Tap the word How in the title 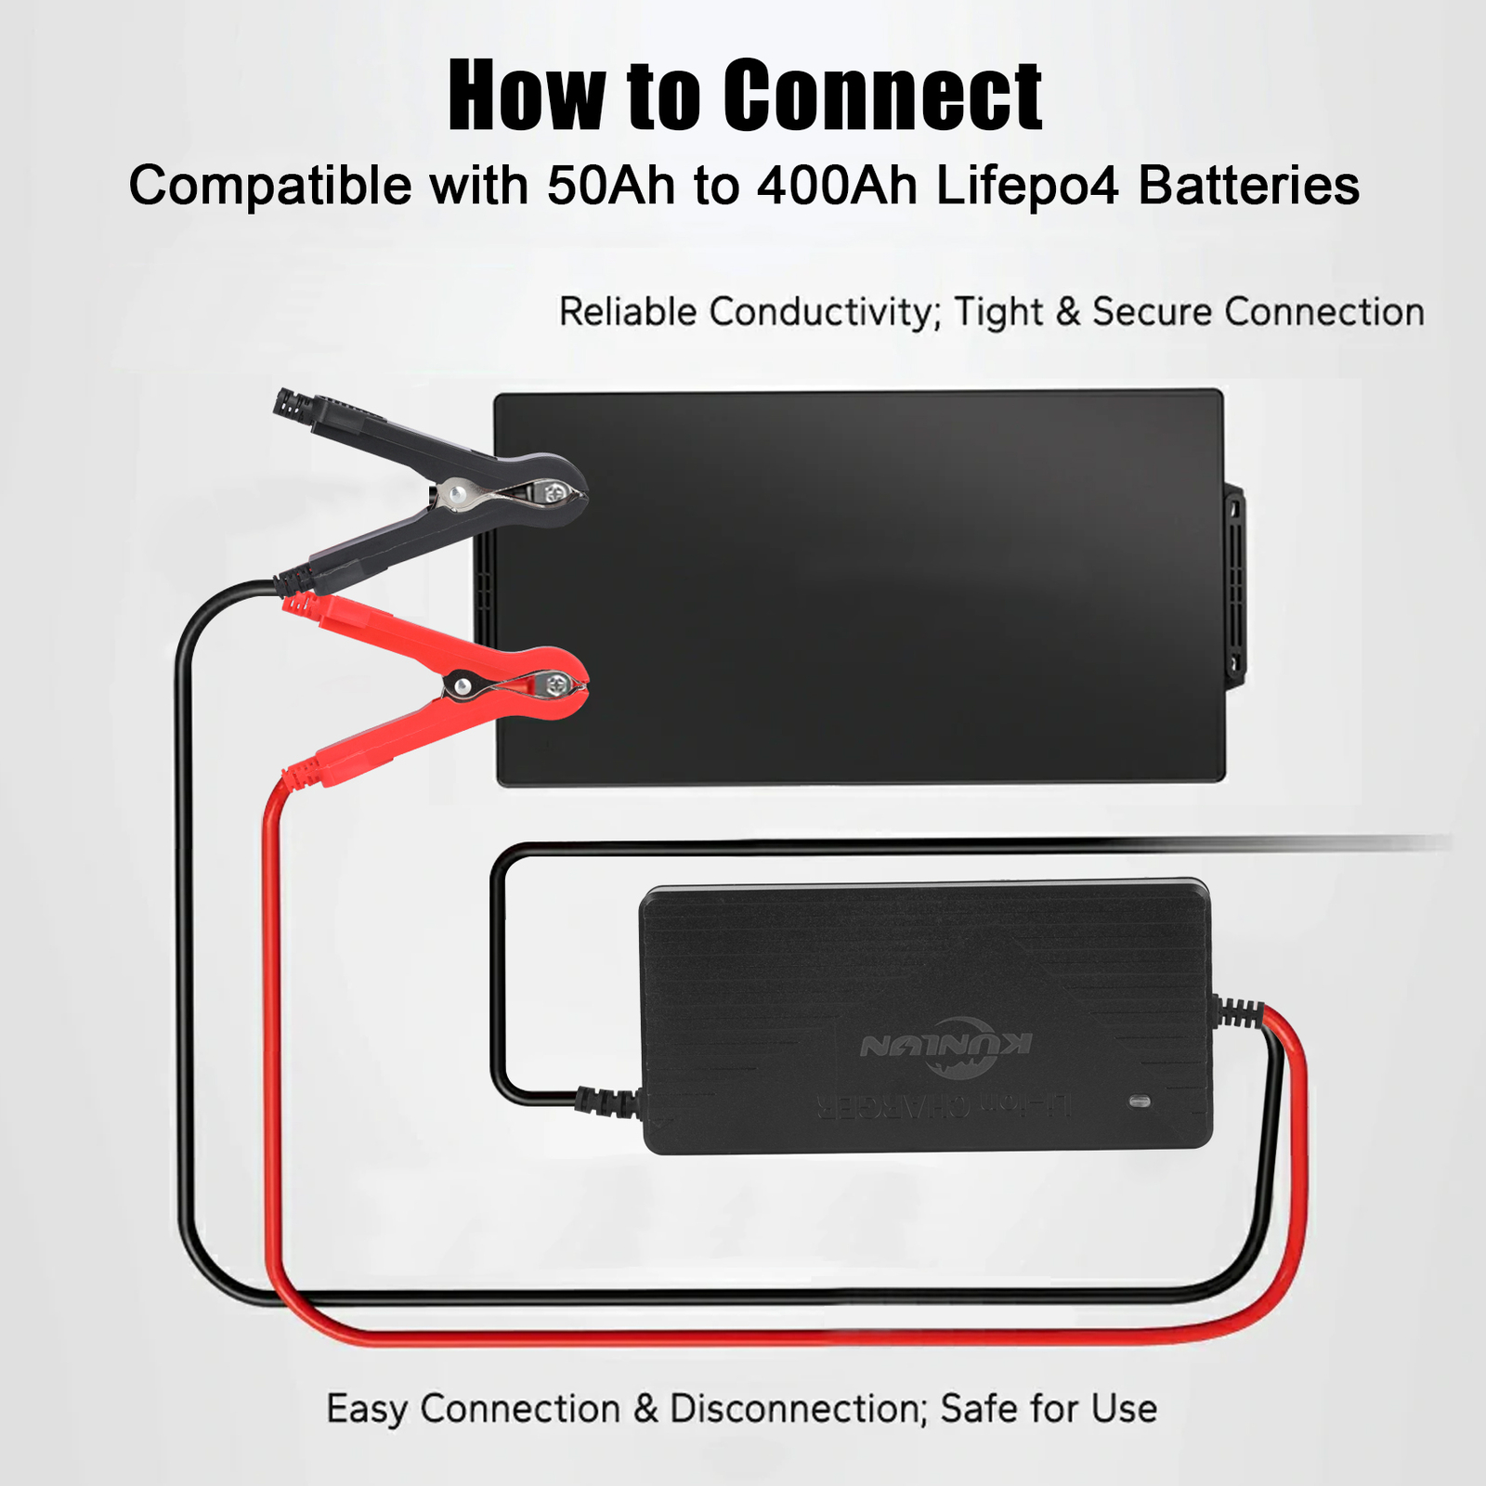526,96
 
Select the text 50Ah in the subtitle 611,186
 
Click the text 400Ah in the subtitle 837,186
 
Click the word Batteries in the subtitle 1248,186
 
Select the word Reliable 627,312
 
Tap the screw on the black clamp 555,492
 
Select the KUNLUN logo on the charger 945,1047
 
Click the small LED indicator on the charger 1140,1101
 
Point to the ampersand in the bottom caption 645,1409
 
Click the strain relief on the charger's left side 607,1101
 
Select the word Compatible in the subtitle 269,186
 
